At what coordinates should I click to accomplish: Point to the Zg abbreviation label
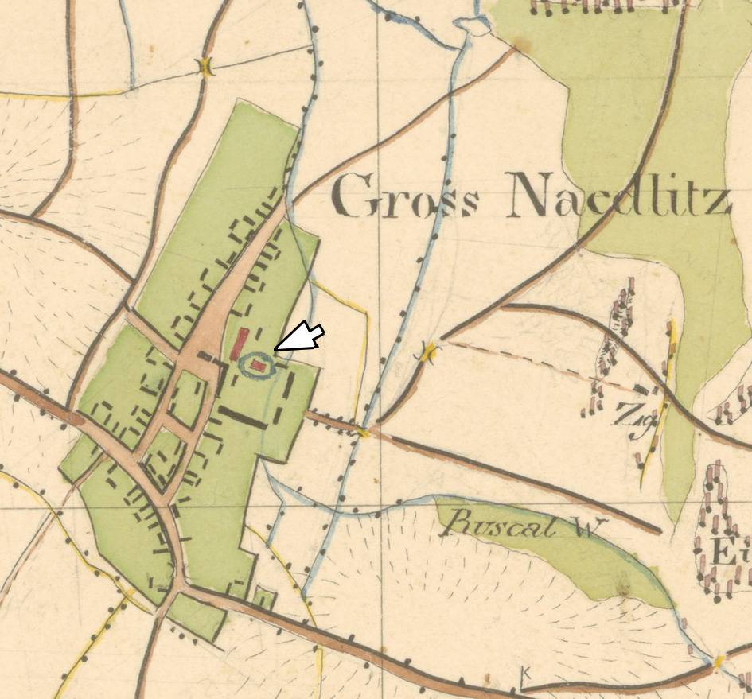628,413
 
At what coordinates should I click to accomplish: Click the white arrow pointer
302,337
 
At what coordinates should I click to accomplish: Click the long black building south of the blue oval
242,417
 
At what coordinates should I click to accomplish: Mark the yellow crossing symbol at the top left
206,68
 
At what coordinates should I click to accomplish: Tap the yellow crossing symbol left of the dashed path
431,351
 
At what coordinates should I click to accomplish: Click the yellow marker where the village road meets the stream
364,432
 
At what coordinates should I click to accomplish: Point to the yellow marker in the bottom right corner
719,662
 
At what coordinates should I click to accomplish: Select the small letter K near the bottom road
524,674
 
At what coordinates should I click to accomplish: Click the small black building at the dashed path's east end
641,389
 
